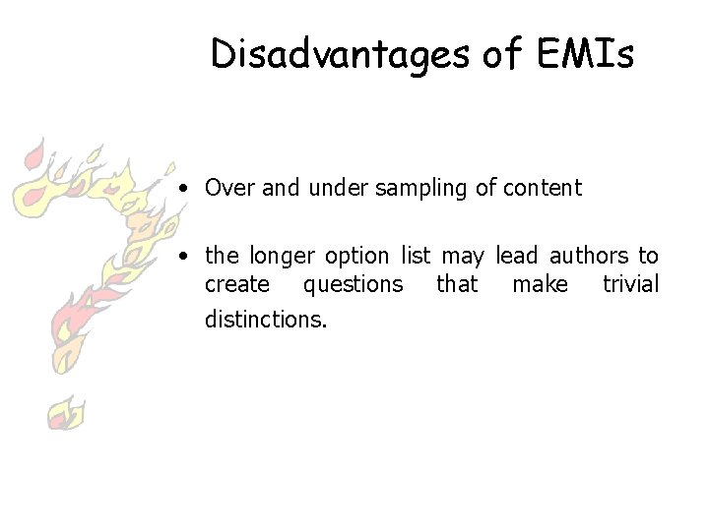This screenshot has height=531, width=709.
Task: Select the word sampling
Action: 420,188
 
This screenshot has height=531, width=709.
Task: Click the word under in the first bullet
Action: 336,188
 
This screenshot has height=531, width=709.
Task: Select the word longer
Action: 286,257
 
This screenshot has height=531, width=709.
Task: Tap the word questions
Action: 353,285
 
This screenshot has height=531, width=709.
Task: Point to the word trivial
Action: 630,285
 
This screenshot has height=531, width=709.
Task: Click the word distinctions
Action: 266,319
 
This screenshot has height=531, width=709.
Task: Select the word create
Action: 236,285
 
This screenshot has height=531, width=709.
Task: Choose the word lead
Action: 517,257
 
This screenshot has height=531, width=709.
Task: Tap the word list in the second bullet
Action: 415,257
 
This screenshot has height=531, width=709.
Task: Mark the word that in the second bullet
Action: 457,285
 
